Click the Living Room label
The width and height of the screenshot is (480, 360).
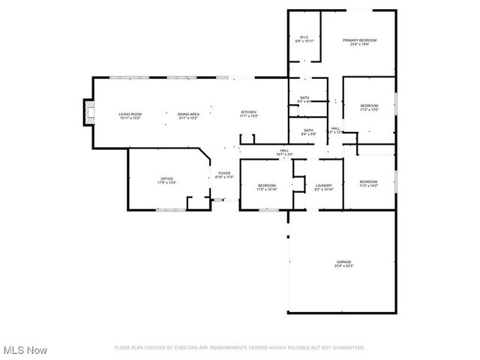[130, 114]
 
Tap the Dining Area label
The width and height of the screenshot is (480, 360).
[188, 114]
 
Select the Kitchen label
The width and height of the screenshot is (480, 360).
[248, 112]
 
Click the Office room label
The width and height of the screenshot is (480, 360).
[166, 178]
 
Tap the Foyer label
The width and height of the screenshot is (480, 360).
[224, 174]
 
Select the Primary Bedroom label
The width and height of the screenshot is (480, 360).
[359, 40]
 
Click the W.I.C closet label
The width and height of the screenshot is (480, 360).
[304, 37]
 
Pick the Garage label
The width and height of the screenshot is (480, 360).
[343, 262]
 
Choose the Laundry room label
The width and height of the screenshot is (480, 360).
[324, 185]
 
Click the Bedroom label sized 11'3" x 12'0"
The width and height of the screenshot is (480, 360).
[368, 106]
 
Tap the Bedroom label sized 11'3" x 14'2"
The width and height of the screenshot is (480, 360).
[367, 182]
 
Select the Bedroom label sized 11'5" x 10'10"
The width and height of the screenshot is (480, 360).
[267, 185]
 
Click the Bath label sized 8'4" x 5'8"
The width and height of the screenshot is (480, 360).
[308, 131]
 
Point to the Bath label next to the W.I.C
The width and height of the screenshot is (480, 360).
[304, 97]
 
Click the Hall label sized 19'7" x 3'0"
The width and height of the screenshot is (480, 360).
[284, 151]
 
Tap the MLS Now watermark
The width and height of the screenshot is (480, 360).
[25, 350]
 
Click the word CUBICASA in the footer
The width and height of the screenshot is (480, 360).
[183, 348]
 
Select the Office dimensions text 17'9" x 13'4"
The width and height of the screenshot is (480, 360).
[166, 182]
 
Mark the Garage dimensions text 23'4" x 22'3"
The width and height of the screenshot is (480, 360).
[343, 265]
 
